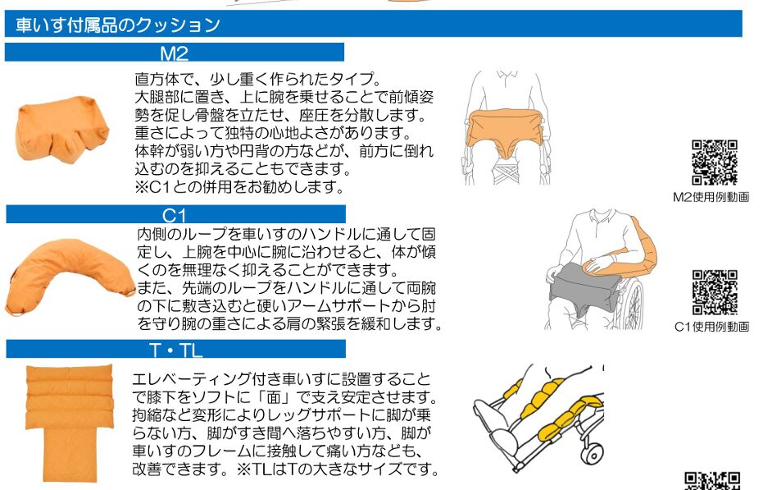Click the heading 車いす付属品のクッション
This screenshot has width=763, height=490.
click(x=118, y=25)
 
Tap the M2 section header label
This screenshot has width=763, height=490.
click(x=175, y=53)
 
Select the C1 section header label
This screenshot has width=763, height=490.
click(x=175, y=215)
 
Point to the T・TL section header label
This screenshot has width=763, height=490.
click(x=175, y=350)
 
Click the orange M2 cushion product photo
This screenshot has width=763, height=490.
click(x=61, y=128)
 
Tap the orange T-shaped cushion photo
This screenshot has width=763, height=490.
click(x=69, y=422)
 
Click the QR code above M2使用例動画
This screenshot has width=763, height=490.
click(x=715, y=163)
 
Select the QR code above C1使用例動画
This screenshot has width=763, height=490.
click(x=715, y=292)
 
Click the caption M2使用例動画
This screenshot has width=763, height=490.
click(x=711, y=197)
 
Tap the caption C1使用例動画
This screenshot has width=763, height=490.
click(x=711, y=327)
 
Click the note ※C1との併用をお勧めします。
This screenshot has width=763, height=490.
click(x=240, y=187)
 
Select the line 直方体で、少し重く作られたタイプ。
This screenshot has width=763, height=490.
click(x=258, y=79)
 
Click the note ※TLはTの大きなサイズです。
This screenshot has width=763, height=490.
click(x=338, y=469)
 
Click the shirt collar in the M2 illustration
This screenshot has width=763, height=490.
click(x=507, y=77)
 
